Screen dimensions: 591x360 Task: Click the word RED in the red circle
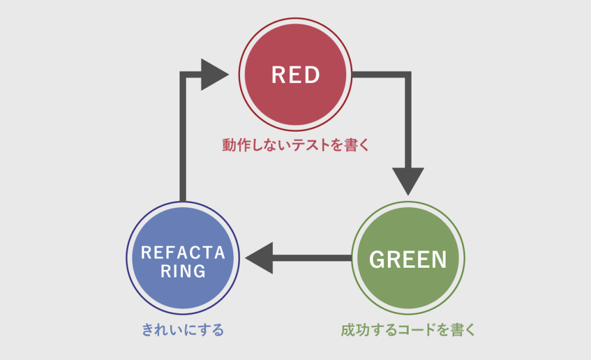tap(295, 74)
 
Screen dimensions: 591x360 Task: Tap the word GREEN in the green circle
tap(408, 260)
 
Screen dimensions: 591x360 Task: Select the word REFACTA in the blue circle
tap(183, 253)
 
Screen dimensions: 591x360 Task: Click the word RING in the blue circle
tap(183, 271)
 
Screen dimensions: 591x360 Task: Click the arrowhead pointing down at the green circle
tap(408, 181)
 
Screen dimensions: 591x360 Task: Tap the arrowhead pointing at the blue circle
tap(259, 258)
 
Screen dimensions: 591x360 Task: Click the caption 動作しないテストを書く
tap(295, 145)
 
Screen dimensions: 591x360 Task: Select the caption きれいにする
tap(183, 330)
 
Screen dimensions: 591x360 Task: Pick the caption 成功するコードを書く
tap(408, 330)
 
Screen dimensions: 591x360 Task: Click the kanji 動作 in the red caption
tap(235, 145)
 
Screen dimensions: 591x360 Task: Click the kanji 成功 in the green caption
tap(355, 330)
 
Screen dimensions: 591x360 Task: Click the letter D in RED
tap(312, 74)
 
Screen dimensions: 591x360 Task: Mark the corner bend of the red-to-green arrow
tap(408, 74)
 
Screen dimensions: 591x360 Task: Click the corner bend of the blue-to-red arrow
tap(183, 74)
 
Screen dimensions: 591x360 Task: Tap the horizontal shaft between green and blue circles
tap(312, 258)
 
